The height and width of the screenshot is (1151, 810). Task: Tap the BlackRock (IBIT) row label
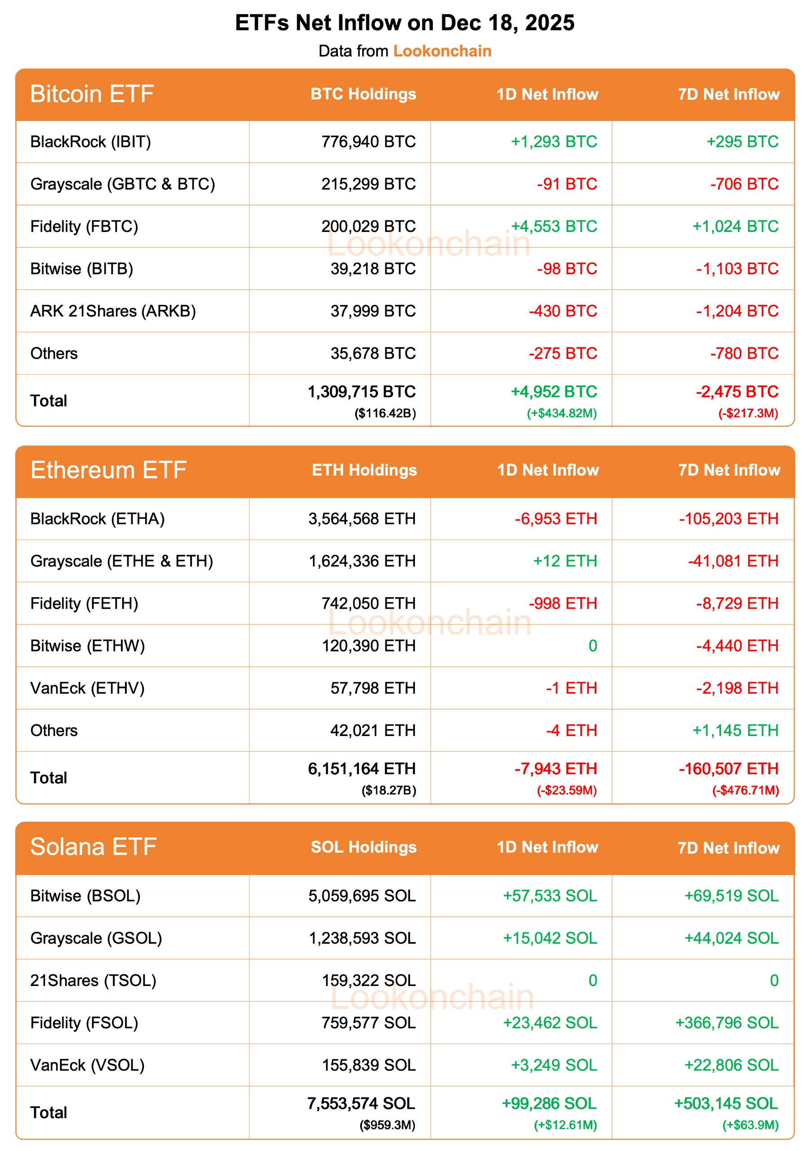(90, 142)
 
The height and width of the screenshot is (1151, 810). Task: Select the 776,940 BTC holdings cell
(369, 142)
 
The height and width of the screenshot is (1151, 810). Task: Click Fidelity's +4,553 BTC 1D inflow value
(553, 227)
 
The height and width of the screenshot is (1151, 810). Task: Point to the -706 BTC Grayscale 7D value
(744, 184)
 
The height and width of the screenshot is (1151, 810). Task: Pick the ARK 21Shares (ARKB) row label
(113, 311)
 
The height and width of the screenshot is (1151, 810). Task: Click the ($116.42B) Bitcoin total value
(385, 414)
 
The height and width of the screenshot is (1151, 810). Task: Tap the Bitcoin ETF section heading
(92, 94)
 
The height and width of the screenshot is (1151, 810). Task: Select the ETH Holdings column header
(364, 470)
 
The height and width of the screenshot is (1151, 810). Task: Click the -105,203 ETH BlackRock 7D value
(728, 519)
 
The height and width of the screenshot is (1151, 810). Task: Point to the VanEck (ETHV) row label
(87, 688)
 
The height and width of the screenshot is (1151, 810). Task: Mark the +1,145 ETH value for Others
(735, 731)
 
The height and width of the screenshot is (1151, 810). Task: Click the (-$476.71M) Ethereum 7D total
(745, 790)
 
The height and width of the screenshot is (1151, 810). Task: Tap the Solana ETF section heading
(93, 847)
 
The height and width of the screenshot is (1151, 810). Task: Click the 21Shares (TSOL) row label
(93, 981)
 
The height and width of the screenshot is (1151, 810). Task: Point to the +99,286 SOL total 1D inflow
(549, 1103)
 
